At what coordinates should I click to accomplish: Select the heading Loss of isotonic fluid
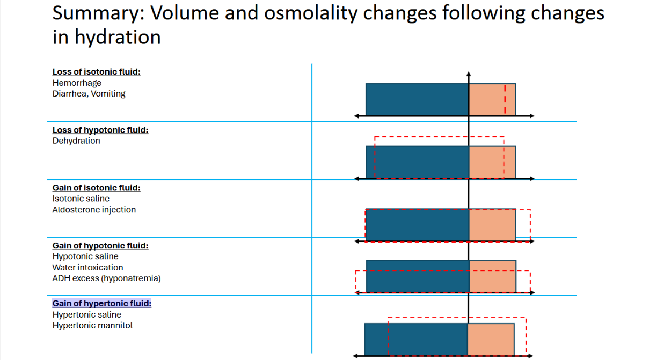(97, 72)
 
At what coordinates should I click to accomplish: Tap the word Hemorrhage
(77, 83)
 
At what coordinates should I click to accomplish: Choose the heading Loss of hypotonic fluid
(100, 130)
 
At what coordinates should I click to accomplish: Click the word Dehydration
(76, 141)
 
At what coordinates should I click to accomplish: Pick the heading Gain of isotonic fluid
(97, 188)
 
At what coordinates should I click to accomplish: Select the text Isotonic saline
(81, 199)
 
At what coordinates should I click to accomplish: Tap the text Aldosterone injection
(94, 210)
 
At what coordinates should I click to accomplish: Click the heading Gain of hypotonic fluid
(100, 246)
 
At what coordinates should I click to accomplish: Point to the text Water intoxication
(87, 268)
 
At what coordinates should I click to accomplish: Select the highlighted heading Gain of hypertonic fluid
(102, 304)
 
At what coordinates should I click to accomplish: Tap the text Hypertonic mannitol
(92, 326)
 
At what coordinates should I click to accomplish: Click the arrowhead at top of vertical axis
(469, 74)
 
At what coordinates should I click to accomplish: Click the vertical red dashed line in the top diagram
(505, 99)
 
